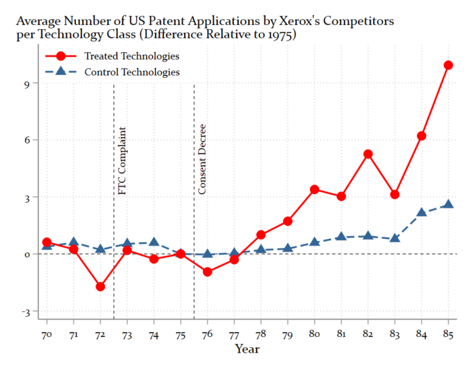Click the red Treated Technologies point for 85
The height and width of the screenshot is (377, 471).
pos(448,66)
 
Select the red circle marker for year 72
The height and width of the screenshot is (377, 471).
pos(100,287)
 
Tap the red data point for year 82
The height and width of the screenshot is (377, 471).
pos(368,154)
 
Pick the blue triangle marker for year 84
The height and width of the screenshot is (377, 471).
pos(422,212)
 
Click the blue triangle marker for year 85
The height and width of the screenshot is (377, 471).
pos(448,204)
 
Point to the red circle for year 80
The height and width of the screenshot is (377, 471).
pos(315,190)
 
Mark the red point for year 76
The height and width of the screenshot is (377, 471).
pos(208,272)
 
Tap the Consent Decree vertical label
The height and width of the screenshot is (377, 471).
pos(202,160)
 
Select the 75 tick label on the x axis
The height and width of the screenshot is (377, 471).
pos(181,334)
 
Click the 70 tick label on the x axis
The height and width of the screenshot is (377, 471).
pos(47,334)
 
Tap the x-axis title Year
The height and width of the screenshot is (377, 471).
pos(247,349)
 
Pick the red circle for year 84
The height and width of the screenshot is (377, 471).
pos(422,136)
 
